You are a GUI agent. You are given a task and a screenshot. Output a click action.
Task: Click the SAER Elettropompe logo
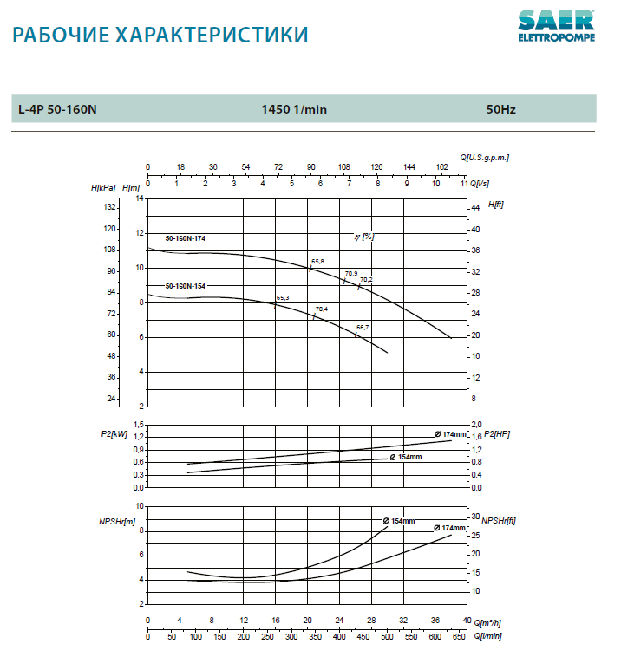click(556, 26)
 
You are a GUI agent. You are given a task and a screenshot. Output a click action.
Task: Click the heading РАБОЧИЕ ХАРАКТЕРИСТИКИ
click(161, 36)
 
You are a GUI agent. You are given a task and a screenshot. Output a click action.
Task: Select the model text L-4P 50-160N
click(57, 109)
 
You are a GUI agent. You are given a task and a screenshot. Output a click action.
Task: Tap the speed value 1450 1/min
click(294, 109)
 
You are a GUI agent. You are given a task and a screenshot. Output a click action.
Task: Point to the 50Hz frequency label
click(500, 109)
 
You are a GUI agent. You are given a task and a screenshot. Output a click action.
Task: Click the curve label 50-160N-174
click(186, 237)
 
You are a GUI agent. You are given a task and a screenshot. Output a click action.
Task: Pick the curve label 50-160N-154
click(186, 285)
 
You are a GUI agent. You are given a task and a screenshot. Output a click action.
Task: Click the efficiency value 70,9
click(351, 273)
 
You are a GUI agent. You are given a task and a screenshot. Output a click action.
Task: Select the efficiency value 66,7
click(363, 327)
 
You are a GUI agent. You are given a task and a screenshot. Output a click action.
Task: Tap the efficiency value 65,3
click(282, 298)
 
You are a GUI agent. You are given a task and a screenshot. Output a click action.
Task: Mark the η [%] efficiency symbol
click(363, 236)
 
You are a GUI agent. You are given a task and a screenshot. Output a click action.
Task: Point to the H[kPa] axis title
click(103, 187)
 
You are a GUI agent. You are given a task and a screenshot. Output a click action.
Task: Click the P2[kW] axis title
click(114, 433)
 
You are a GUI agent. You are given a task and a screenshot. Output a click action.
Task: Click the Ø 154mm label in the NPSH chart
click(399, 521)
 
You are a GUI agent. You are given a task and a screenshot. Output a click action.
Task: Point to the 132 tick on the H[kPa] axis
click(110, 207)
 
